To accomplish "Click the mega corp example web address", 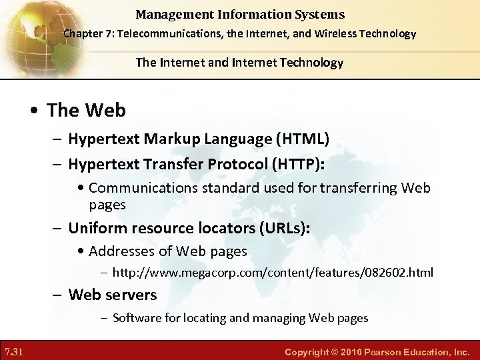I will click(273, 272).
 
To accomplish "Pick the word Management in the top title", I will click(174, 14).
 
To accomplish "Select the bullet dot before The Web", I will click(35, 110).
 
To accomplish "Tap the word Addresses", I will click(122, 251).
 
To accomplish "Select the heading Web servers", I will click(113, 294).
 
